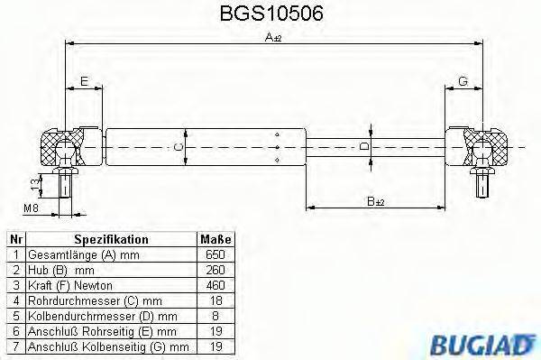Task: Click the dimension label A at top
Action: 271,38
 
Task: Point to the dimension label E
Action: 83,82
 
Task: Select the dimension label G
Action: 463,82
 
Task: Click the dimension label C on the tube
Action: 179,145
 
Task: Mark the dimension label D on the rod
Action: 363,145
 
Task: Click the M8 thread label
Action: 30,209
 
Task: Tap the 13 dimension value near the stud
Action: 34,186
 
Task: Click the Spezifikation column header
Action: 111,239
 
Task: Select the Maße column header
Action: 215,239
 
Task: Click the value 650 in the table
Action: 215,254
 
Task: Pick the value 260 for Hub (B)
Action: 215,269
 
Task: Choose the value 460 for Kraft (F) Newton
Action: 215,284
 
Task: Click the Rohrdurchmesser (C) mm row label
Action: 95,300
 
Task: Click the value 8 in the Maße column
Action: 215,315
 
